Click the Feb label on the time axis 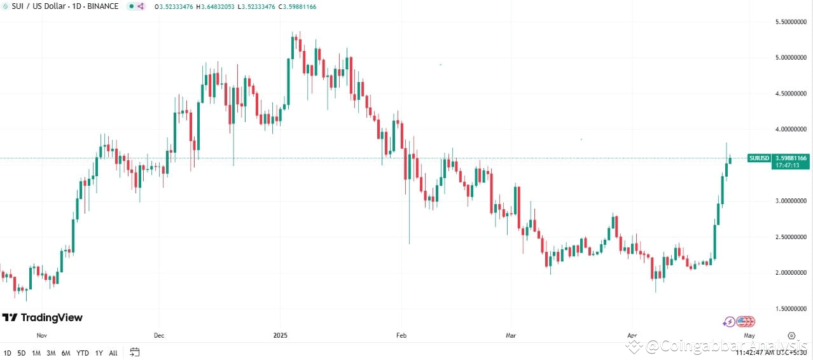(x=401, y=335)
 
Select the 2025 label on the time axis (x=281, y=335)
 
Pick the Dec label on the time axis (x=159, y=335)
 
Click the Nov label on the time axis (x=42, y=335)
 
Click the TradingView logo (x=43, y=317)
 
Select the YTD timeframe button (x=83, y=352)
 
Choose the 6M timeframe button (x=66, y=352)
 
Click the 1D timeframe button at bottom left (x=8, y=352)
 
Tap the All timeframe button (x=113, y=352)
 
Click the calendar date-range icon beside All (x=134, y=352)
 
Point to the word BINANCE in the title (x=103, y=6)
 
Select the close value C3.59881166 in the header (x=295, y=6)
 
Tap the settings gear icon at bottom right (x=791, y=335)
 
